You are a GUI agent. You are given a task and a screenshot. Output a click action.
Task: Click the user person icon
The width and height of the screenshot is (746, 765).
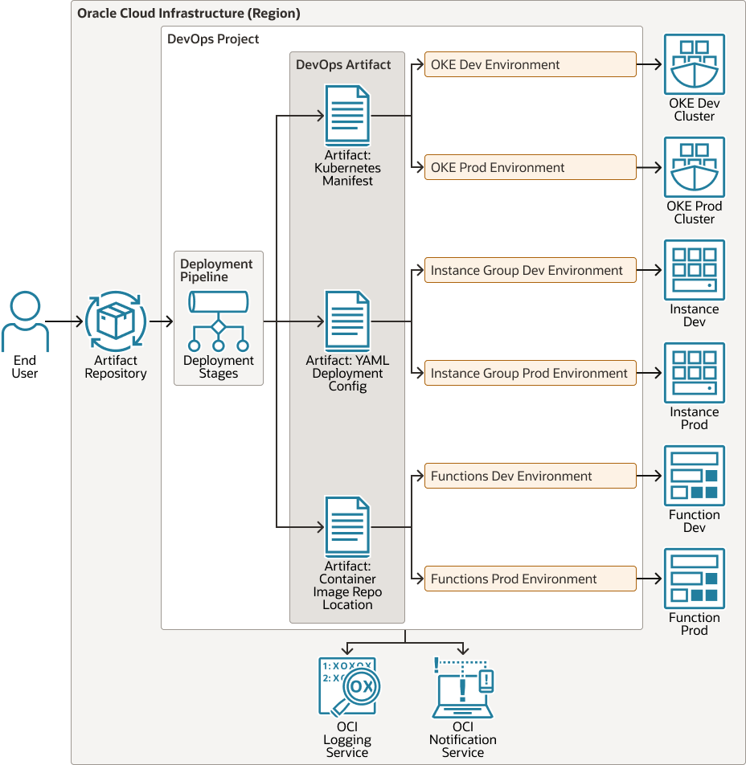pos(25,322)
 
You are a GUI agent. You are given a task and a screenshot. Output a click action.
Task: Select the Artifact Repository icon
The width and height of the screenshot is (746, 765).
pos(116,321)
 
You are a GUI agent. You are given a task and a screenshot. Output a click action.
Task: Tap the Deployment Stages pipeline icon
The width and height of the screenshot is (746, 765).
pos(218,321)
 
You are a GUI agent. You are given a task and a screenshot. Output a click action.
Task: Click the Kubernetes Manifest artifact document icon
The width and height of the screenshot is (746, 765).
pos(347,116)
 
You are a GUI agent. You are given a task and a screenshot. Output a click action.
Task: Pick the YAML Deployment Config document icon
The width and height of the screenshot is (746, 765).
pos(347,321)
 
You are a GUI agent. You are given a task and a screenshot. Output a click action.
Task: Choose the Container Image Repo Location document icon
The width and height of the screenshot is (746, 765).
pos(347,527)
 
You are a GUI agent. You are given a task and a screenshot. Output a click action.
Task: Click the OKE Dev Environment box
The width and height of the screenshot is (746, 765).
pos(530,65)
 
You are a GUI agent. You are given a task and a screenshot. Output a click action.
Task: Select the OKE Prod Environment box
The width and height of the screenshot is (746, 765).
pos(530,168)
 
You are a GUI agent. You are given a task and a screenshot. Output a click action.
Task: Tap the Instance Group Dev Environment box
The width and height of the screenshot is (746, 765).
pos(530,271)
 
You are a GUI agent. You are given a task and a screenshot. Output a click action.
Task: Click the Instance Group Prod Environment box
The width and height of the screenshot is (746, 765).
pos(530,374)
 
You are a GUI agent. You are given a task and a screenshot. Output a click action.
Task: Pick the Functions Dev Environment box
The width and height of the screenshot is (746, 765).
pos(530,477)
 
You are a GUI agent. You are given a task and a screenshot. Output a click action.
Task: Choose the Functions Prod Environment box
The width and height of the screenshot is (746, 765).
pos(530,579)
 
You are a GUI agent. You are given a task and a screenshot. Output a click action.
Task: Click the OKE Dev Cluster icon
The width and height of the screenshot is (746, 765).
pos(695,65)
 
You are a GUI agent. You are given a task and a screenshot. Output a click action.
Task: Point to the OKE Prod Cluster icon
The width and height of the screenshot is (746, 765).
pos(695,168)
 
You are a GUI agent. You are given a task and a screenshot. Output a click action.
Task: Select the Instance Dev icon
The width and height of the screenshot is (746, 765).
pos(695,271)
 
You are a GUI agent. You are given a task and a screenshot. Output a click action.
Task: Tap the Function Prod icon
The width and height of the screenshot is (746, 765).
pos(695,579)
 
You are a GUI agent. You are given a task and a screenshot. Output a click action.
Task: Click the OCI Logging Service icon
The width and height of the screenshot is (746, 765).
pos(348,687)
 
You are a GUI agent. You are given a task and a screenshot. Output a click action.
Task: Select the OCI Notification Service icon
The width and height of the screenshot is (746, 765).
pos(463,687)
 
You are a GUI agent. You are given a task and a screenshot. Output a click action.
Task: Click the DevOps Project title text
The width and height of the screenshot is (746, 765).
pos(213,39)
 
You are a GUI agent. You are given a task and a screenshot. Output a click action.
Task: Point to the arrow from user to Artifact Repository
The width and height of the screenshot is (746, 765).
pos(68,322)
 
